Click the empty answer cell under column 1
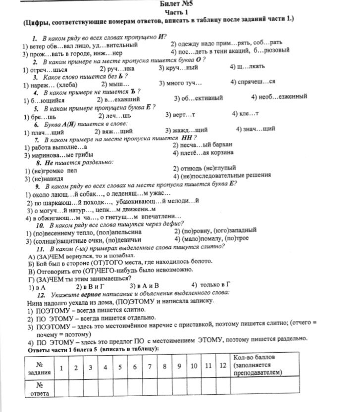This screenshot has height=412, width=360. click(x=61, y=389)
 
